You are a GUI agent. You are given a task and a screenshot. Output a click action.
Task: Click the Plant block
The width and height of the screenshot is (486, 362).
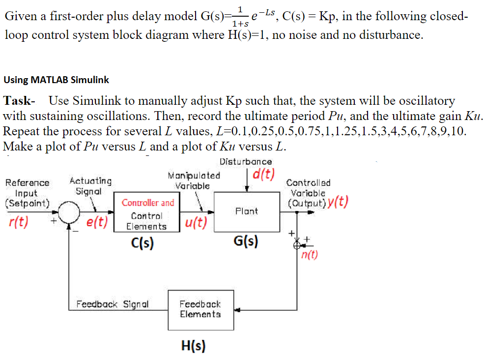[246, 211]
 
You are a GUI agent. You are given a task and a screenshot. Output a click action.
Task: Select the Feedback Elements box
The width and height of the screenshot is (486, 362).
[200, 310]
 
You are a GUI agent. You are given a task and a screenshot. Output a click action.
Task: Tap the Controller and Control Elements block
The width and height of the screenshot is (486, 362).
[147, 214]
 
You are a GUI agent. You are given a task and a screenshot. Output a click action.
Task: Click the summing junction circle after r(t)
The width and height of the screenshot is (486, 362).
[70, 212]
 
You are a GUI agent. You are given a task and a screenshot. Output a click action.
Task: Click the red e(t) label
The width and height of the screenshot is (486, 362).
[97, 222]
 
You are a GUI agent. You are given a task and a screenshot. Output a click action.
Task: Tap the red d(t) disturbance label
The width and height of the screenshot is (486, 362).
[264, 175]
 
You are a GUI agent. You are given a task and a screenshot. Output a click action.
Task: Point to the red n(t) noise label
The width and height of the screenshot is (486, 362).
[310, 254]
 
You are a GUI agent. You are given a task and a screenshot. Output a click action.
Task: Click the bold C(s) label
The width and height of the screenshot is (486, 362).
[142, 243]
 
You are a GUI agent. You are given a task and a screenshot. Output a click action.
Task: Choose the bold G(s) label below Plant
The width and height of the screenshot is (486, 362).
[246, 241]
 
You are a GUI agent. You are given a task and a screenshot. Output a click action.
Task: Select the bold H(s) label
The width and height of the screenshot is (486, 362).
[193, 346]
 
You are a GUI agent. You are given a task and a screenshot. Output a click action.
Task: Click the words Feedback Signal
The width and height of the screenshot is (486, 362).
[113, 304]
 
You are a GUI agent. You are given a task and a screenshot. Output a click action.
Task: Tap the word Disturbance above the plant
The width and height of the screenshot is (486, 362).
[245, 161]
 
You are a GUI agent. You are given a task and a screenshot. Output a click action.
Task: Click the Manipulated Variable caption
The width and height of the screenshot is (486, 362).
[194, 181]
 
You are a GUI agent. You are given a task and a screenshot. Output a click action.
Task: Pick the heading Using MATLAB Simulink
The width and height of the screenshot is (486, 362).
[57, 79]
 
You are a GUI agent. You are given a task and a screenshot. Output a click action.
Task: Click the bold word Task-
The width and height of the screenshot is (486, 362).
[19, 101]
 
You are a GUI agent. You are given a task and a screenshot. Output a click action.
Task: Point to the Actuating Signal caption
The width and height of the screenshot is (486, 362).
[90, 186]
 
